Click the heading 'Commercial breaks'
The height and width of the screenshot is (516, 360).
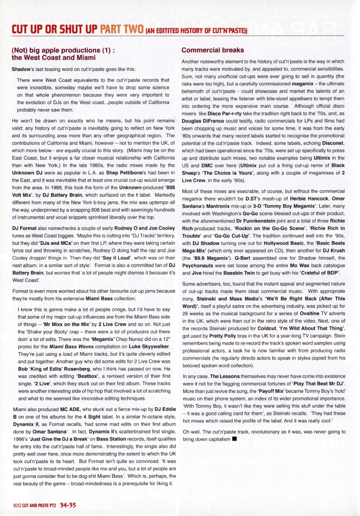212,50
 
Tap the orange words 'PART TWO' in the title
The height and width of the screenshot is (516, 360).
122,29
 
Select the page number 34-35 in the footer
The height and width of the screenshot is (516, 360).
68,505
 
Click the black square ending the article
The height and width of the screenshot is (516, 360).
235,439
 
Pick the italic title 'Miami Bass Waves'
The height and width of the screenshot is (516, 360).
71,346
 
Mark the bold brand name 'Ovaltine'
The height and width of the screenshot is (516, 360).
310,313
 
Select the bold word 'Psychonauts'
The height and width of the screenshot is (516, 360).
198,265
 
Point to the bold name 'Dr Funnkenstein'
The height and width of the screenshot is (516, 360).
256,221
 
